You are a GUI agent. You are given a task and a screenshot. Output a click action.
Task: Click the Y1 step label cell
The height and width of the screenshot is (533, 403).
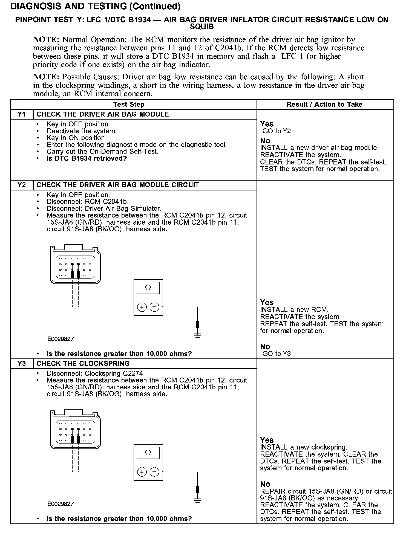22,114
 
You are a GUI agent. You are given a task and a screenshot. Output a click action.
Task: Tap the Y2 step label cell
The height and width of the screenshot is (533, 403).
22,185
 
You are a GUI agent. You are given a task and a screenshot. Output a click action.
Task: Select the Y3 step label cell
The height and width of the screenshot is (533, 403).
22,364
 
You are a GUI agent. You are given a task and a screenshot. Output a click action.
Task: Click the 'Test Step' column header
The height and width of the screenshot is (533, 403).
129,104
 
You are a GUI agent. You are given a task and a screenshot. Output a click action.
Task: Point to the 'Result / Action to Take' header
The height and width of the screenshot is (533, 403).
324,104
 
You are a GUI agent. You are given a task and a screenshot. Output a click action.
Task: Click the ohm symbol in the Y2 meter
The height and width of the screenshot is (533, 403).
148,288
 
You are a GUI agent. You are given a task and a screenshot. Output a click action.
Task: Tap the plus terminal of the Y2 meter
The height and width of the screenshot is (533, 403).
142,307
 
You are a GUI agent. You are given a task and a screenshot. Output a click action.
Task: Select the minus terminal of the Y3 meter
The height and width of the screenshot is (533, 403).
155,472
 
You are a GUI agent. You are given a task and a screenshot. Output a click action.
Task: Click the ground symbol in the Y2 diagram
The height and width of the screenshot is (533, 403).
197,335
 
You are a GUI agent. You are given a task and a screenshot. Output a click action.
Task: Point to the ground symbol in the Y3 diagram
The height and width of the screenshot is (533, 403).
197,500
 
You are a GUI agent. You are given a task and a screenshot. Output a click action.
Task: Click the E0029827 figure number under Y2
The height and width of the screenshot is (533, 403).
61,339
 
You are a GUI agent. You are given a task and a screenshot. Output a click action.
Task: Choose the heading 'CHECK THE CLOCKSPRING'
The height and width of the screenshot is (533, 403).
83,364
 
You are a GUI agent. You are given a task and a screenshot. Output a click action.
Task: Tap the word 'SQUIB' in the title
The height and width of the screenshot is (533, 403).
201,27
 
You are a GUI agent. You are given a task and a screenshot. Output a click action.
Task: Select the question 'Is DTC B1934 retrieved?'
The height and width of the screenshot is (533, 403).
87,158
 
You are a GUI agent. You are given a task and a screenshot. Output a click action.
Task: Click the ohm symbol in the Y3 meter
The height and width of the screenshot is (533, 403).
148,453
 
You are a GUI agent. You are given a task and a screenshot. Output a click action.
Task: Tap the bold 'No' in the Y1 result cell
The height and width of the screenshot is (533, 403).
265,141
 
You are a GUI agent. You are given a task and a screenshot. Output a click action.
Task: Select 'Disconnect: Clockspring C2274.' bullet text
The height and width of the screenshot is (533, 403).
96,373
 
